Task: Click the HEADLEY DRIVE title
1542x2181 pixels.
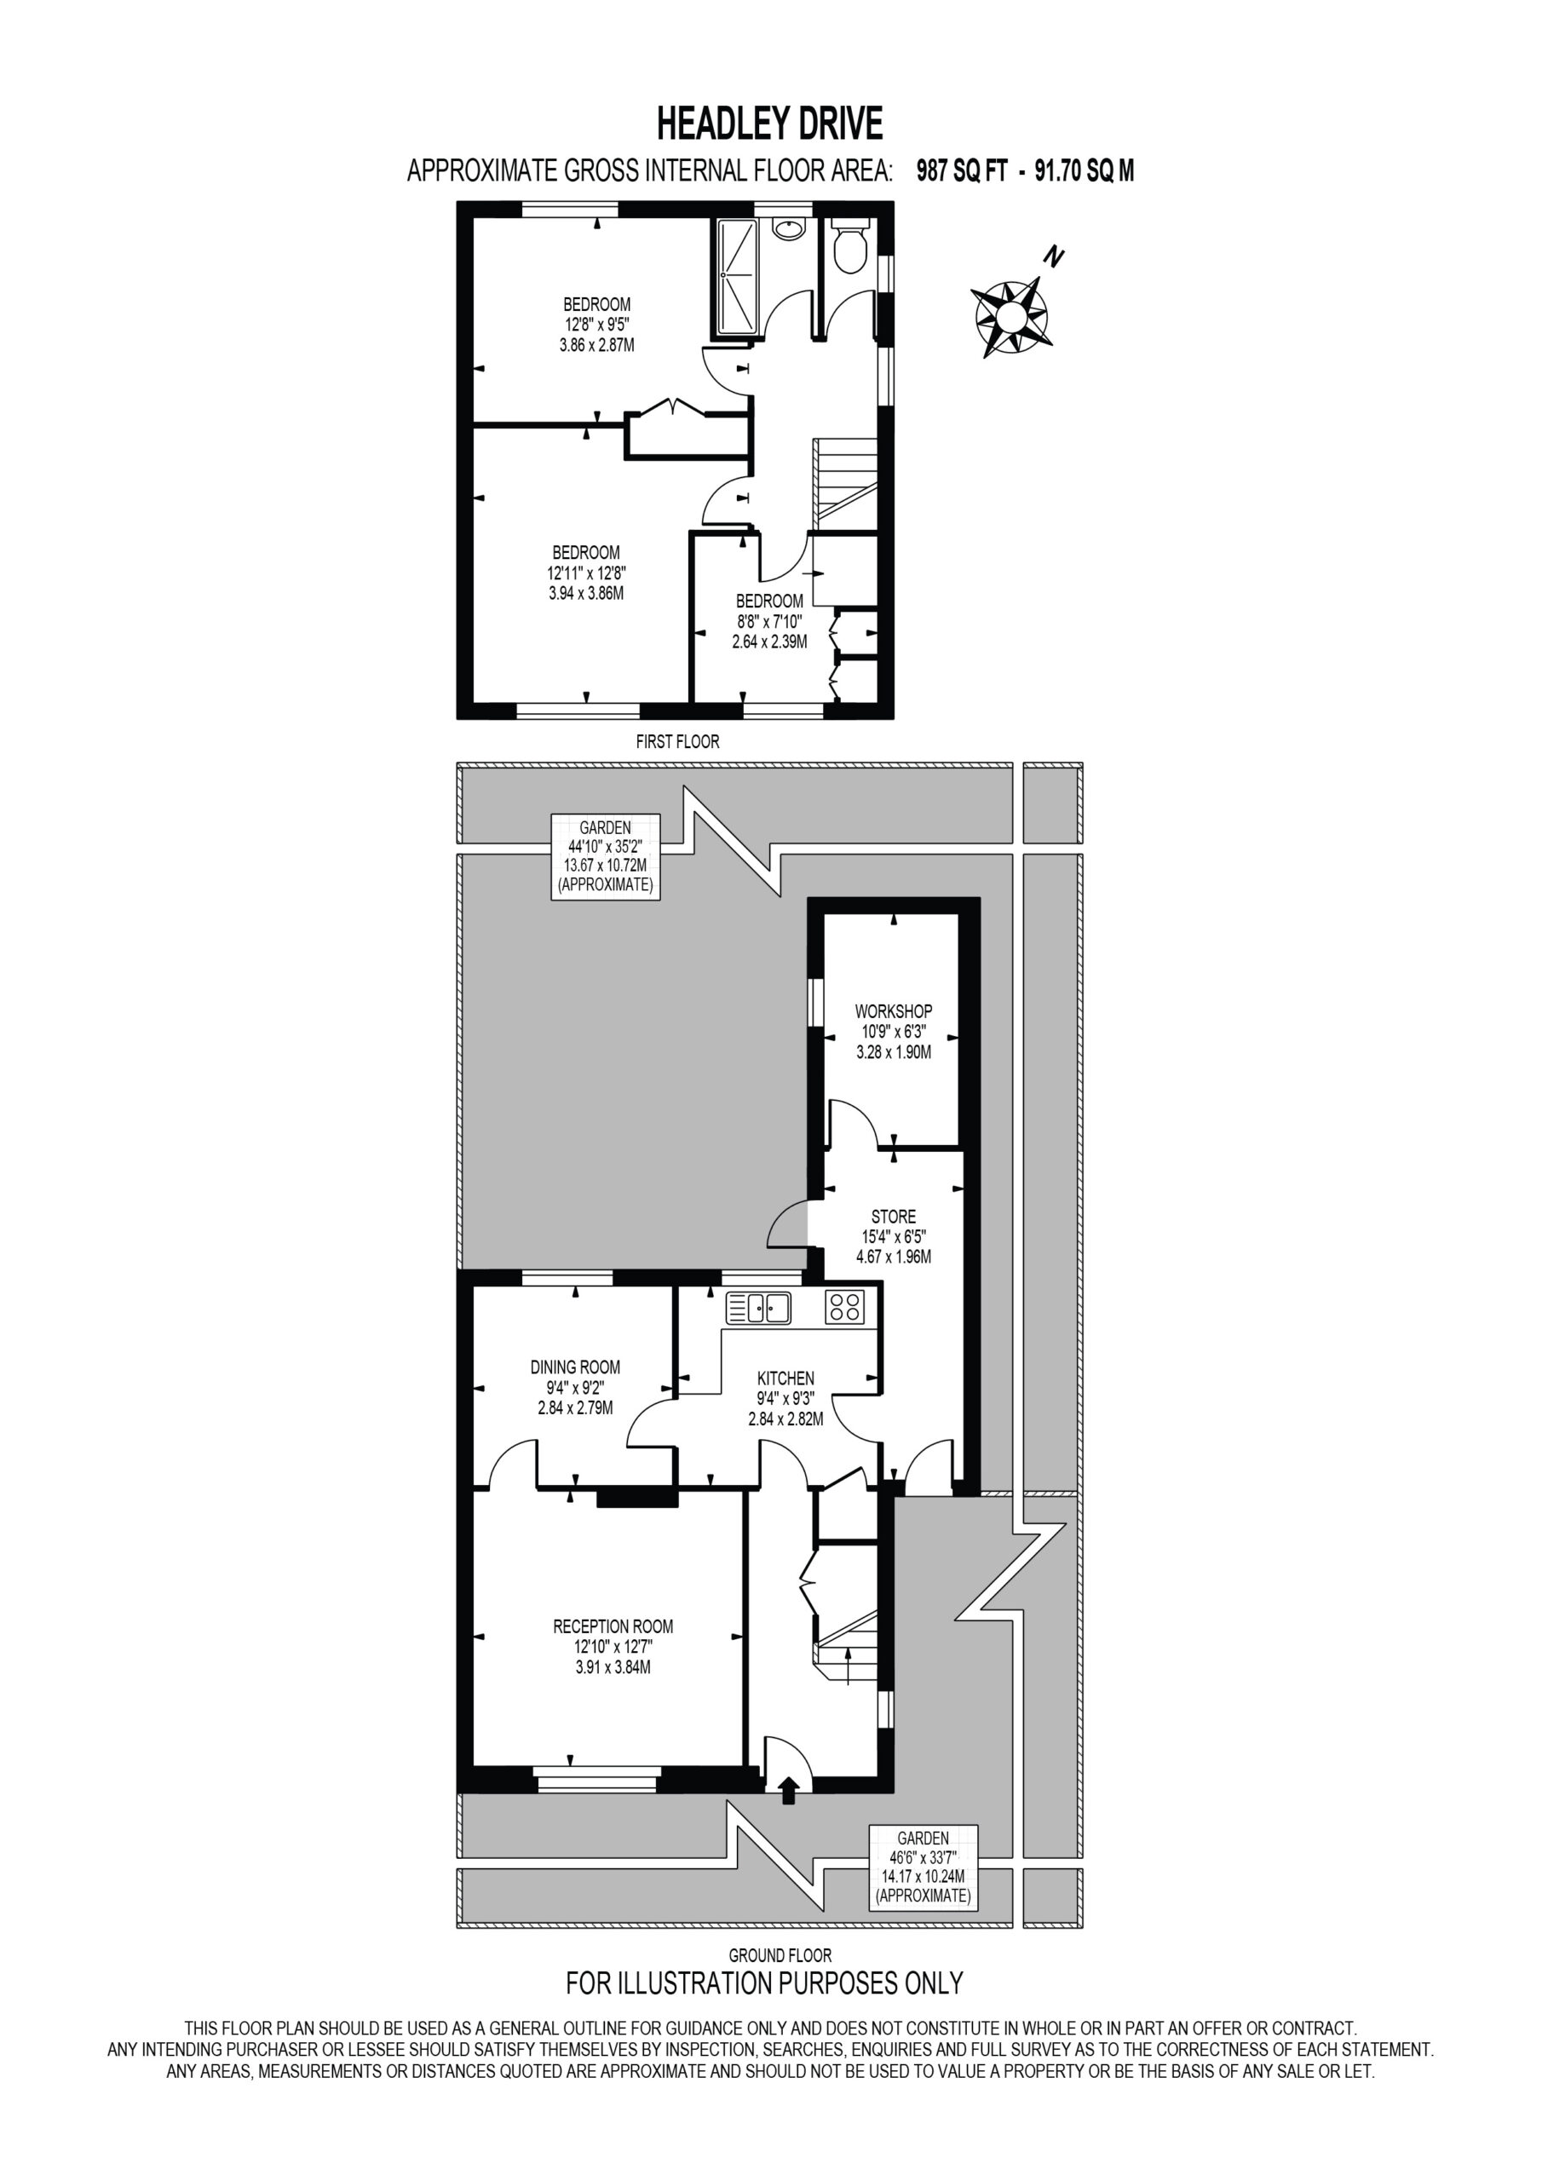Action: pos(770,124)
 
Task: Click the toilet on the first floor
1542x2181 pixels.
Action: pos(849,246)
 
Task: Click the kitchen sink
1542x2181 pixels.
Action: pos(758,1308)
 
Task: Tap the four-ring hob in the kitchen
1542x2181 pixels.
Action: pos(843,1308)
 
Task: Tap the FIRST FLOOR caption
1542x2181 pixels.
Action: pos(677,742)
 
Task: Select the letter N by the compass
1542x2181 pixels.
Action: pos(1054,256)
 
